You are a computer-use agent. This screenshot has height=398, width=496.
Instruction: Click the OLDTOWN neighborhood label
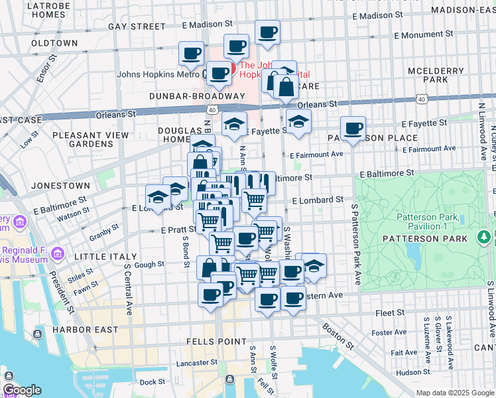pos(54,42)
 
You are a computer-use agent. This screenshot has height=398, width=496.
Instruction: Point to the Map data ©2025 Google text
pos(454,393)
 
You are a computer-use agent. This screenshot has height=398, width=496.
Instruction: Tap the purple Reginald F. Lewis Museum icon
pos(57,254)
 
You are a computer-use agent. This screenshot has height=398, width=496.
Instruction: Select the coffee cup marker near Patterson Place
pos(353,128)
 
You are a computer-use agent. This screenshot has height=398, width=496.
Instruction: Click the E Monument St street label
pos(423,33)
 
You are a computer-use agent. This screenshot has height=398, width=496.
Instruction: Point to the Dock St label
pos(152,381)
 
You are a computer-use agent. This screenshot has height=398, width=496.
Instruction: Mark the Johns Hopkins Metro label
pos(159,74)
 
